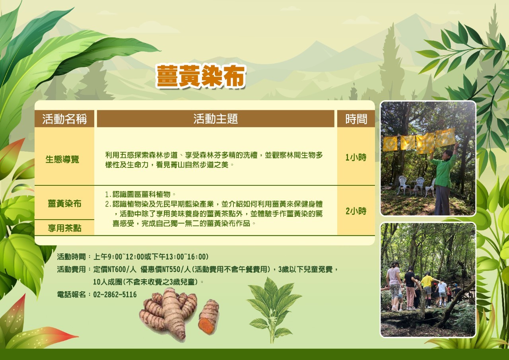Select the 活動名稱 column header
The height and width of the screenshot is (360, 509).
click(64, 119)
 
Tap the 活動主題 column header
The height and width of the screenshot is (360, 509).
click(216, 119)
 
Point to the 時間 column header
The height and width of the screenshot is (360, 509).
click(356, 119)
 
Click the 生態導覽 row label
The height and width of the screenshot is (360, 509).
click(62, 159)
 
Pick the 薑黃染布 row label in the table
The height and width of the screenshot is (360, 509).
click(64, 203)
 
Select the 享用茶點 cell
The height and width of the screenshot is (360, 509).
click(64, 228)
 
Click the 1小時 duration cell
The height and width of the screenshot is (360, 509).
click(356, 157)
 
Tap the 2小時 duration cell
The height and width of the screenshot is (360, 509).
click(356, 211)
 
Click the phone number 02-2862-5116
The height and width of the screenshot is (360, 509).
click(115, 294)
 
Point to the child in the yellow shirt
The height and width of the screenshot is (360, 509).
click(427, 289)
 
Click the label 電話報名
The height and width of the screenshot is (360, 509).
click(71, 294)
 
